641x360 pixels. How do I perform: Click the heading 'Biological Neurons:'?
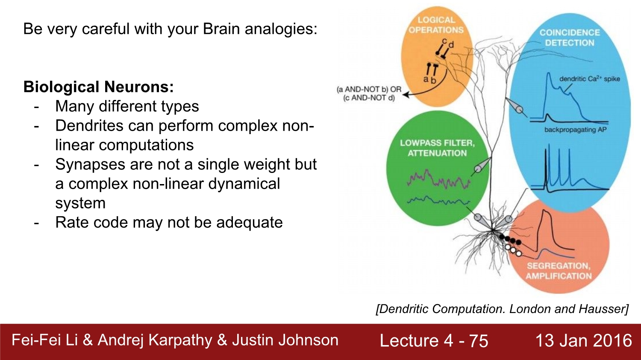[98, 87]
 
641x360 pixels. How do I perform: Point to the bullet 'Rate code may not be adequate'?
[169, 222]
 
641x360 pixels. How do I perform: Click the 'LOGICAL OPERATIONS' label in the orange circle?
[436, 25]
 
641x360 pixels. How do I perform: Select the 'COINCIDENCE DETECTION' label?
[569, 38]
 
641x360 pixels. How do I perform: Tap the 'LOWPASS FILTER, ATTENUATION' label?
[437, 148]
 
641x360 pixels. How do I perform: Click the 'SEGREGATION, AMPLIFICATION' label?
[559, 271]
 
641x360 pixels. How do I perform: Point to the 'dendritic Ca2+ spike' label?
[589, 79]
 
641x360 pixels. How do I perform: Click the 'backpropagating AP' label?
[575, 129]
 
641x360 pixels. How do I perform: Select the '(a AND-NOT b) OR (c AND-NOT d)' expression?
[369, 94]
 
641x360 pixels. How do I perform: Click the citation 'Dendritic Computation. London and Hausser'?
[502, 309]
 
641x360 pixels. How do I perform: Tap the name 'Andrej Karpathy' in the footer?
[155, 340]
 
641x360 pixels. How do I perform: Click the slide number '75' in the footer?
[478, 341]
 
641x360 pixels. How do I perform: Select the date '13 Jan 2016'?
[583, 340]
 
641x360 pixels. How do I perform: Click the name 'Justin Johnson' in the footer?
[285, 340]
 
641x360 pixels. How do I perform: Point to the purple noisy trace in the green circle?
[438, 179]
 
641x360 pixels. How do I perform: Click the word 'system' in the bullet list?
[80, 203]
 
